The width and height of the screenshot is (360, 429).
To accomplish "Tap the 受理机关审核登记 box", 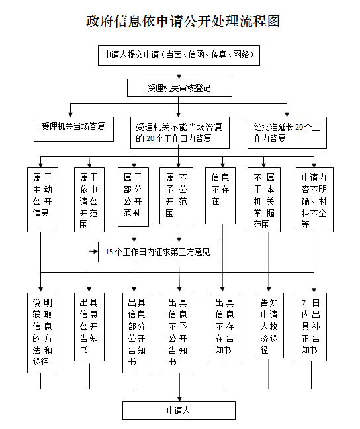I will (x=179, y=87).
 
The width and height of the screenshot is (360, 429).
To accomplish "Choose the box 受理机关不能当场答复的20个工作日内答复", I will (x=179, y=132).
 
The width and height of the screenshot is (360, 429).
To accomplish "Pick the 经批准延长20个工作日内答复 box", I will (x=287, y=132).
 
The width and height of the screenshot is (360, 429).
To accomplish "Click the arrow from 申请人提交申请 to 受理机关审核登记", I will (x=179, y=71).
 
